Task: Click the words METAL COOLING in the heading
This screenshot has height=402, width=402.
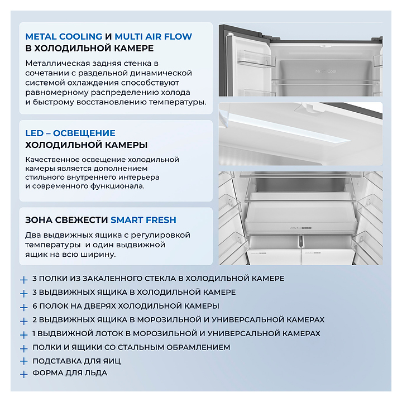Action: (64, 37)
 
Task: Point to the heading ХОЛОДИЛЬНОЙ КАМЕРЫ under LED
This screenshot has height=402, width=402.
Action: (87, 145)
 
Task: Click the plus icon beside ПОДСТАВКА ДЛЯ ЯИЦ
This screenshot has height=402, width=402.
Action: (23, 362)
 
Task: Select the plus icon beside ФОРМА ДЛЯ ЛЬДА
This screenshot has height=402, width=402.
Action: (23, 375)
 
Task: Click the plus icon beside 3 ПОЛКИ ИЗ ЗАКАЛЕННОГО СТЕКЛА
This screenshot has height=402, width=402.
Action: (23, 279)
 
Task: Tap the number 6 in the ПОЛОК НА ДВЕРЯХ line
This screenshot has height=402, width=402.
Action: (35, 306)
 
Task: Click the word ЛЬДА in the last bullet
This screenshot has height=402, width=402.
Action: (95, 372)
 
